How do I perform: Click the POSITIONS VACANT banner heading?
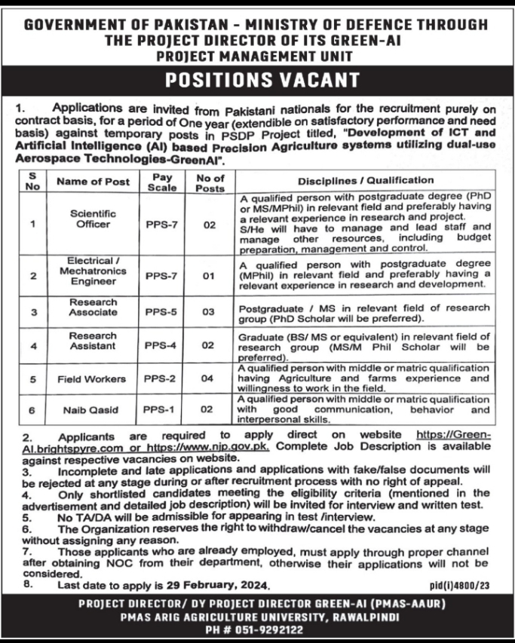[x=257, y=78]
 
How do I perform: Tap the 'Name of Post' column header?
[x=93, y=182]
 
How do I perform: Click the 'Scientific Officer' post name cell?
[x=93, y=219]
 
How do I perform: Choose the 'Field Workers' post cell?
[x=92, y=378]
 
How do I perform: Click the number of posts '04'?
[x=209, y=378]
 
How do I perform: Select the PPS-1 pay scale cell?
[x=160, y=409]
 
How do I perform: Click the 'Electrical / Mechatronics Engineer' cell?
[x=93, y=271]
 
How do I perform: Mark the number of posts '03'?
[x=209, y=310]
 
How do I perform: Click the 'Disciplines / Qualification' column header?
[x=366, y=181]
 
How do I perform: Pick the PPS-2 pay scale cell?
[x=160, y=378]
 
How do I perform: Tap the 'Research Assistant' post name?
[x=93, y=340]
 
